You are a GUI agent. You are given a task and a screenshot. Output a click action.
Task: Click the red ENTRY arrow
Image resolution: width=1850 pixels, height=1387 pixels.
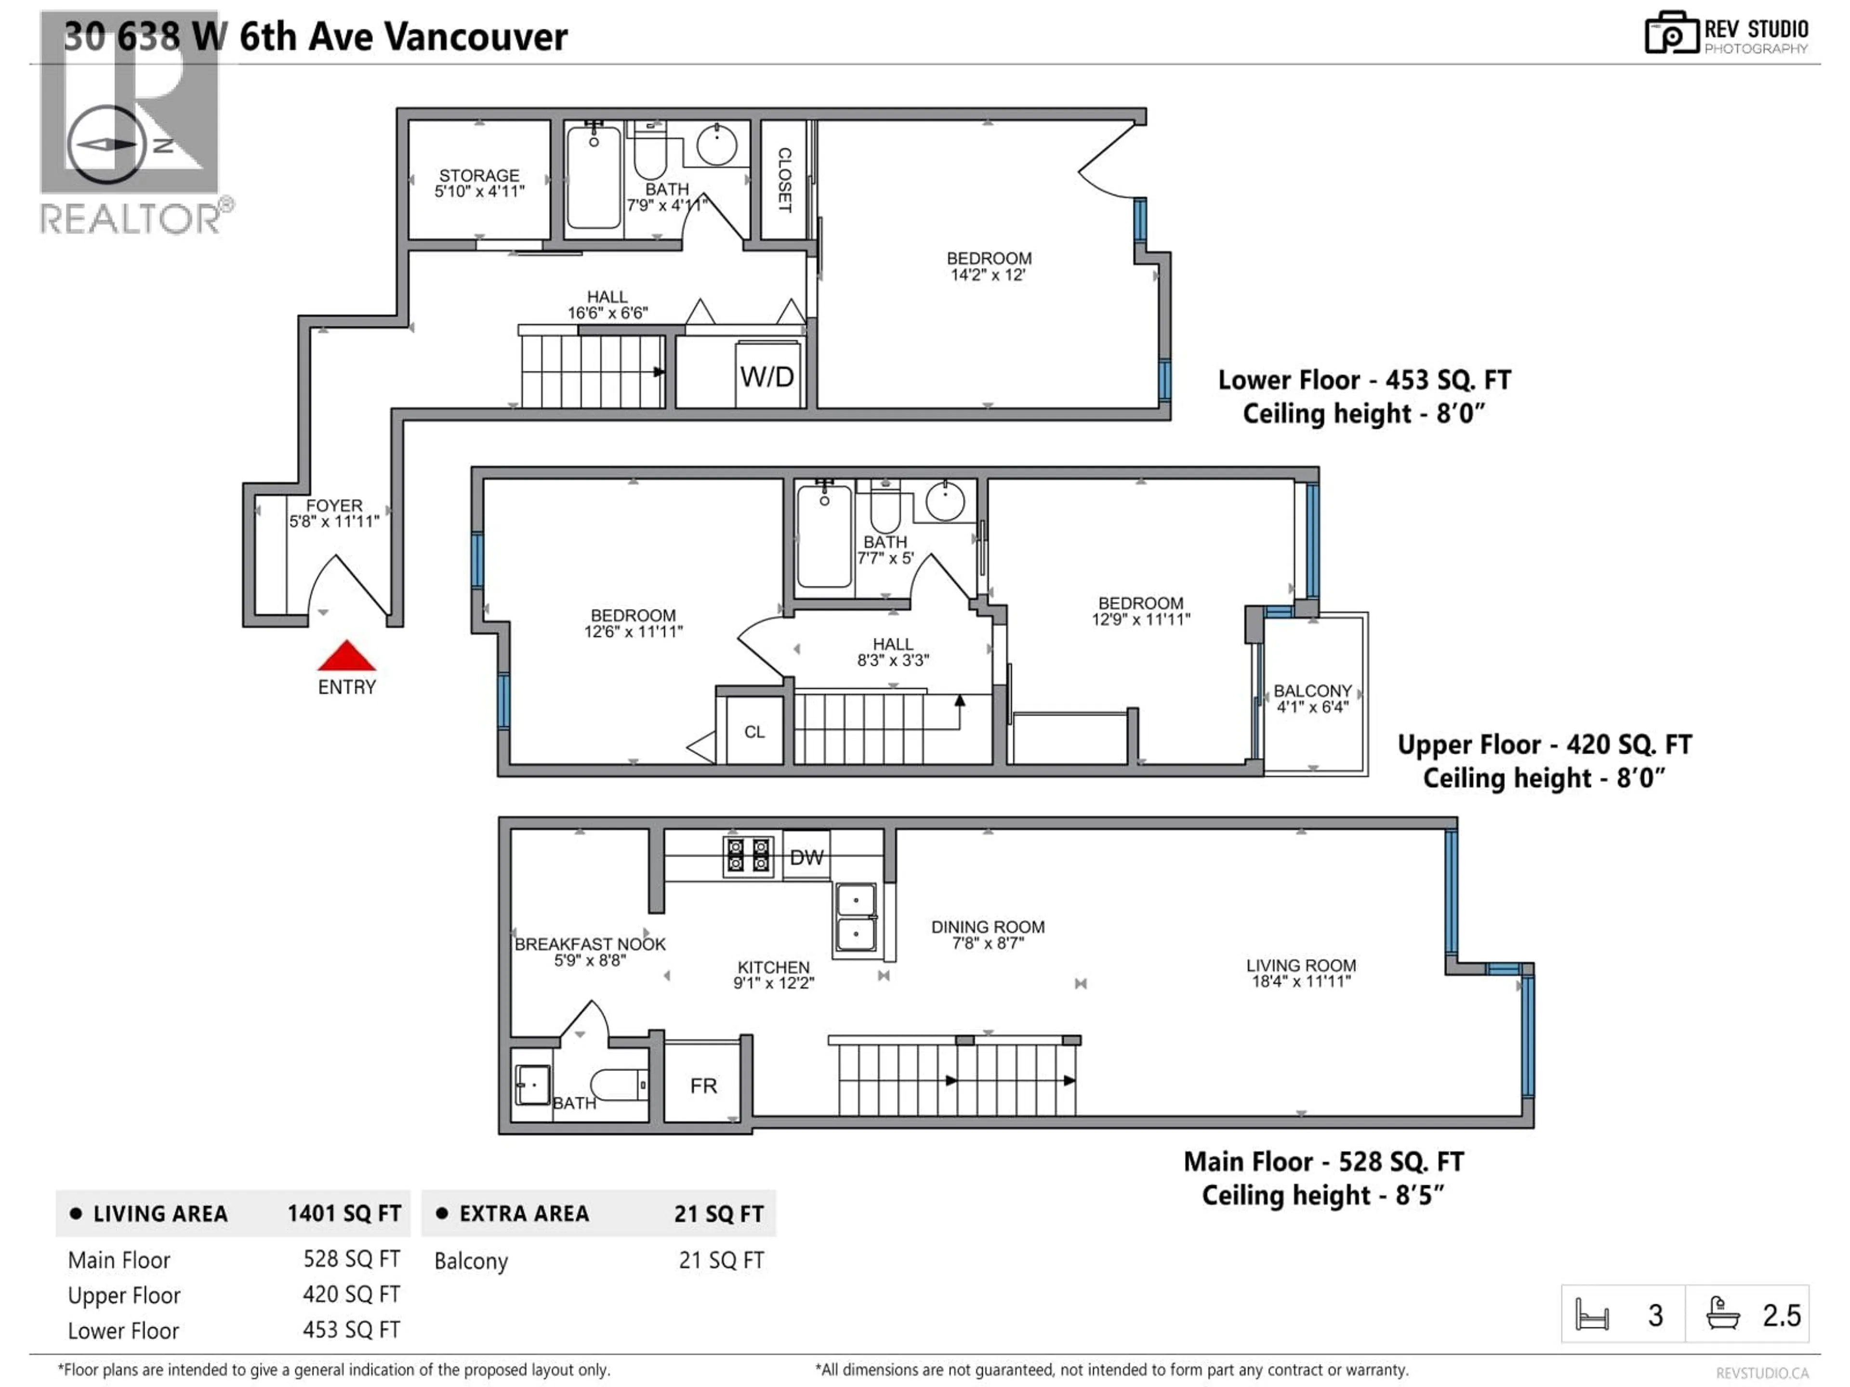346,656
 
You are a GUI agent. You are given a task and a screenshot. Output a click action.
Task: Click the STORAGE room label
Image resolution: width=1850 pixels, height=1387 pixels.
479,176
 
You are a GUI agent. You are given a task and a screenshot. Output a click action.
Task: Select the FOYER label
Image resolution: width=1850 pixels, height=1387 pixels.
334,506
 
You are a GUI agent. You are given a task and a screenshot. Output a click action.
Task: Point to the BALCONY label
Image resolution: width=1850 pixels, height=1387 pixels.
1312,691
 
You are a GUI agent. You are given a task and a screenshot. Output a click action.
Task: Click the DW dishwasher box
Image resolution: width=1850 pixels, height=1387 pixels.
806,857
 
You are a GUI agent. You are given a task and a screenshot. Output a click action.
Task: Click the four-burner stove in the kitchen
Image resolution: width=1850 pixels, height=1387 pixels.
747,857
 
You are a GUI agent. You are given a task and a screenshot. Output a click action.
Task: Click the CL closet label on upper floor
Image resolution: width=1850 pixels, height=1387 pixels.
753,733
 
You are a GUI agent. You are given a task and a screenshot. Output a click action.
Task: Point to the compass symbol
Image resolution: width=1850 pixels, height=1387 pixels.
106,144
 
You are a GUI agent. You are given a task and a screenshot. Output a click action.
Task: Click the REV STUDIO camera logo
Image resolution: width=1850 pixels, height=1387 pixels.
1670,34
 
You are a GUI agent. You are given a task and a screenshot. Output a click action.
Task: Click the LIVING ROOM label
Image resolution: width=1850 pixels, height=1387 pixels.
1300,966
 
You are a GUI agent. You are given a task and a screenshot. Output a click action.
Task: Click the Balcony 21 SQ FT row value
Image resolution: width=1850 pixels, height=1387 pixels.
721,1260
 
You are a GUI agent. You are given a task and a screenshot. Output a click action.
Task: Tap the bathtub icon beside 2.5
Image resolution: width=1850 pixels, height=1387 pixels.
1723,1315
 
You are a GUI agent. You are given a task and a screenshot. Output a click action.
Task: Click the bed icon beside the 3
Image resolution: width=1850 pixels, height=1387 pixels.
1592,1315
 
